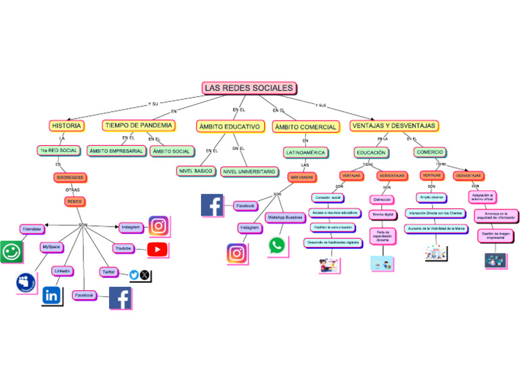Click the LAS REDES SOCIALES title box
249,88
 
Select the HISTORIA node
66,125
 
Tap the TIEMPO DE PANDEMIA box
139,125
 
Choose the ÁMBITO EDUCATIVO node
229,126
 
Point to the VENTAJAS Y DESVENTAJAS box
393,126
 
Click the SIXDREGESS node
70,177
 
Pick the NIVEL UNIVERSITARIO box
249,172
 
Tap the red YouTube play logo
158,250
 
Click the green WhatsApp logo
277,245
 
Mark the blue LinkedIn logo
51,295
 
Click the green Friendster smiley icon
11,252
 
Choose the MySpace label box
51,247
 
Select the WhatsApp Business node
285,218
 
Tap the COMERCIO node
429,153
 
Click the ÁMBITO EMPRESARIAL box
116,151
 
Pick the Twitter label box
108,271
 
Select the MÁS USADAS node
302,177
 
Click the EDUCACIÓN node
371,153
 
